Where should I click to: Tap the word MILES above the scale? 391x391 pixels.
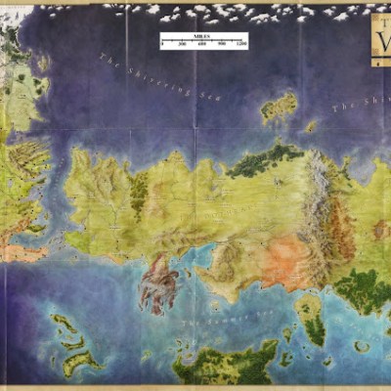pyautogui.click(x=203, y=35)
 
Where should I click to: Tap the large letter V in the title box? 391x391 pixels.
pyautogui.click(x=382, y=45)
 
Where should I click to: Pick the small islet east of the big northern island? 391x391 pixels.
pyautogui.click(x=311, y=126)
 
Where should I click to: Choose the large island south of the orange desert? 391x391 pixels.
pyautogui.click(x=311, y=318)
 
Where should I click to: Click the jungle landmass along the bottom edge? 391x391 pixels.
pyautogui.click(x=225, y=367)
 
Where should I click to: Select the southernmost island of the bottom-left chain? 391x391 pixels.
pyautogui.click(x=82, y=364)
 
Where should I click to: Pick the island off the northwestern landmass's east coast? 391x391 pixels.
pyautogui.click(x=43, y=65)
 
